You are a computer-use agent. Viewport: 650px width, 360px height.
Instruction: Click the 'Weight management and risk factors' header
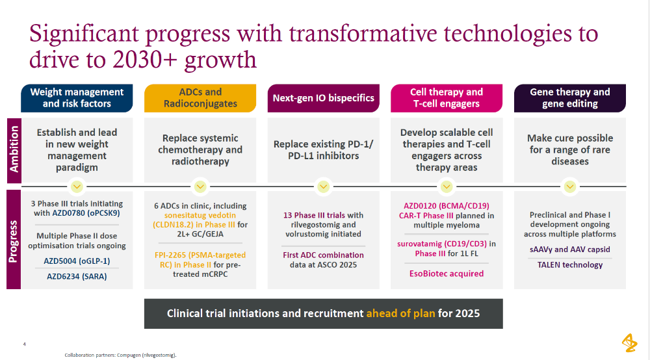click(x=77, y=97)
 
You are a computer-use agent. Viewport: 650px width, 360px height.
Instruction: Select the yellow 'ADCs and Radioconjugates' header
click(x=200, y=97)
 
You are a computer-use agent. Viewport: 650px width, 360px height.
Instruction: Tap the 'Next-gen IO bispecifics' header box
click(x=324, y=98)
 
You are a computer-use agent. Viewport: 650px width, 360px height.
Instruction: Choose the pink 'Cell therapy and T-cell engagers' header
click(x=447, y=97)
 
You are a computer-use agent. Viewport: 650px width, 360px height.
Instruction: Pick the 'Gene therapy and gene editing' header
click(x=570, y=97)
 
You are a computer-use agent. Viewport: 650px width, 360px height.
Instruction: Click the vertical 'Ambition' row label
click(x=14, y=149)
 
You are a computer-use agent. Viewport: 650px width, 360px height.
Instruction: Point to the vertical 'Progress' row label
click(x=14, y=238)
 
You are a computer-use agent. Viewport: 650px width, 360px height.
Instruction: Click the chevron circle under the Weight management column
click(x=77, y=187)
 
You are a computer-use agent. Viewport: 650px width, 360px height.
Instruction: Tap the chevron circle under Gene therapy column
click(x=570, y=187)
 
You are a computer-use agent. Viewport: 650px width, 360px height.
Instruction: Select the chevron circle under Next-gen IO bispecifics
click(x=324, y=187)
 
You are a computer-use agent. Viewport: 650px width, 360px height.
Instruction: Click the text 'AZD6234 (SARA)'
click(x=77, y=276)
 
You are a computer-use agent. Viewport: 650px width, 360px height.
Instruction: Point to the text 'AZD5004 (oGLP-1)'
click(x=77, y=261)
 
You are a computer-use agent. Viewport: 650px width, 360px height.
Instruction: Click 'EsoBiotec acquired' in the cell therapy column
click(x=447, y=274)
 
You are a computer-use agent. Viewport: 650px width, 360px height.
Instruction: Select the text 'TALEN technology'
click(x=570, y=264)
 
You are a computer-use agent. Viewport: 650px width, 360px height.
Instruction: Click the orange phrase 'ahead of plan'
click(x=400, y=313)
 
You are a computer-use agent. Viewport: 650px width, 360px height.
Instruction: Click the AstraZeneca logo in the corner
click(x=629, y=342)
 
